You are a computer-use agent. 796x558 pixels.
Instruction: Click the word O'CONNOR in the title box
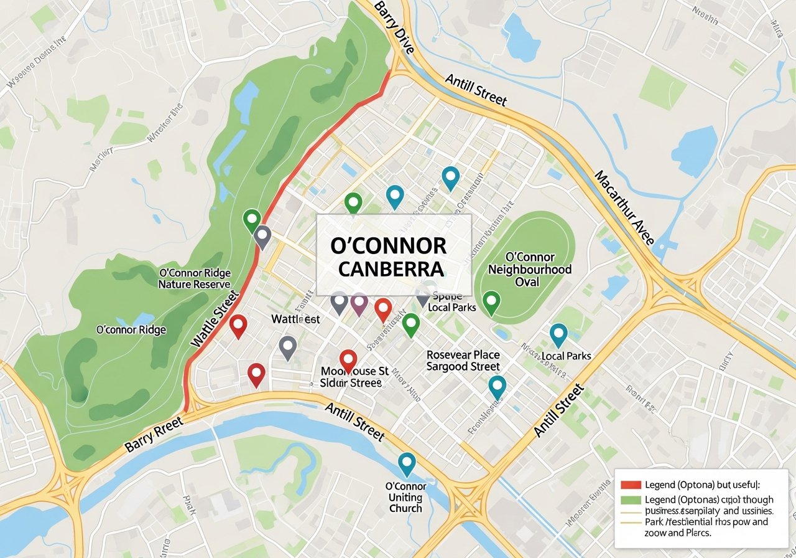[388, 246]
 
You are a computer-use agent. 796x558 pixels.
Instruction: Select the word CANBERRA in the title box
[388, 269]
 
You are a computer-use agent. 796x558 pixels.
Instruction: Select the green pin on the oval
[491, 302]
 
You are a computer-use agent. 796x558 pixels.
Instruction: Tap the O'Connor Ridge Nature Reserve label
[195, 278]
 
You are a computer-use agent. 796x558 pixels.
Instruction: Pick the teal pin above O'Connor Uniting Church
[406, 463]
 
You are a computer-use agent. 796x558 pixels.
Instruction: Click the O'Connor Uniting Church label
[405, 497]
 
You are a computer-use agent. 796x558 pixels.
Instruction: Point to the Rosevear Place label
[463, 354]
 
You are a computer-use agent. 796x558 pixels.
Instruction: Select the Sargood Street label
[463, 367]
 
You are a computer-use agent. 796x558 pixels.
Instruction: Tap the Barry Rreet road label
[154, 435]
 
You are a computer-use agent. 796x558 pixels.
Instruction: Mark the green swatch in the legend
[631, 500]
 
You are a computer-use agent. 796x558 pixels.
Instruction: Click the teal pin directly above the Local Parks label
[558, 334]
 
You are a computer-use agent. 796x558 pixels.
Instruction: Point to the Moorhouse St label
[354, 371]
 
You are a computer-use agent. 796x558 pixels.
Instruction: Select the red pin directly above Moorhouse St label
[348, 360]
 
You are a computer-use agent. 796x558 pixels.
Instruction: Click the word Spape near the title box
[447, 296]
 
